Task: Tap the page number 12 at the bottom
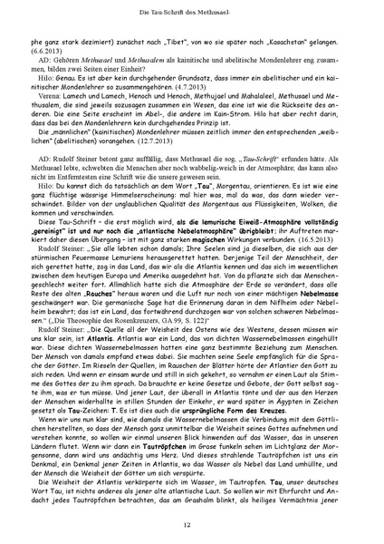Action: click(x=191, y=525)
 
